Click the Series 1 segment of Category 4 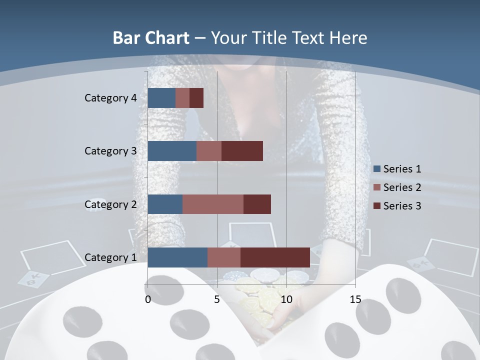pos(161,98)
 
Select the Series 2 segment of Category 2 pos(213,204)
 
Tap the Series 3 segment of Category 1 pos(275,257)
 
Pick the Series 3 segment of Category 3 pos(242,151)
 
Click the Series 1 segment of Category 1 pos(177,257)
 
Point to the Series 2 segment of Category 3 pos(209,151)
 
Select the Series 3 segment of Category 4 pos(196,98)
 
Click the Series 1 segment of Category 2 pos(165,204)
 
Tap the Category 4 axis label pos(110,98)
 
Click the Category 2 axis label pos(110,204)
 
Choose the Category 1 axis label pos(110,257)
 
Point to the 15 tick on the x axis pos(355,299)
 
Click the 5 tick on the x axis pos(217,299)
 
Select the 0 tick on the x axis pos(148,299)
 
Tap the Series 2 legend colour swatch pos(377,187)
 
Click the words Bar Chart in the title pos(151,38)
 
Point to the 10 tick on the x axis pos(286,299)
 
